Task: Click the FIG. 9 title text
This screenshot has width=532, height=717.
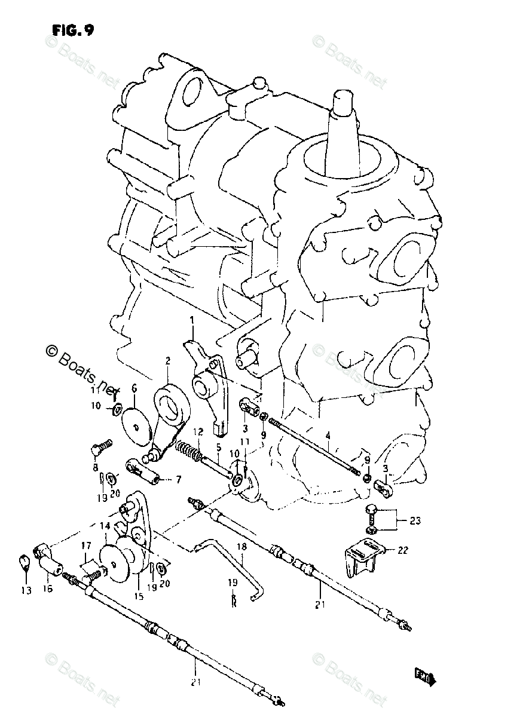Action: click(x=72, y=30)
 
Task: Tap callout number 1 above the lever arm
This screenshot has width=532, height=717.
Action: click(x=192, y=322)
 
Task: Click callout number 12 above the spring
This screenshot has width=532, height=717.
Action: click(x=198, y=431)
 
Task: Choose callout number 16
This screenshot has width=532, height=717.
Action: click(x=47, y=589)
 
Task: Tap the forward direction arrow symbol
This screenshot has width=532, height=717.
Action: click(x=425, y=677)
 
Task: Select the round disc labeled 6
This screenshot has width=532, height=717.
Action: click(x=137, y=425)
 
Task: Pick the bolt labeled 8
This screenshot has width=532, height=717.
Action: click(x=100, y=446)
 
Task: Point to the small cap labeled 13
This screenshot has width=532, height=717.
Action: click(x=25, y=562)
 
